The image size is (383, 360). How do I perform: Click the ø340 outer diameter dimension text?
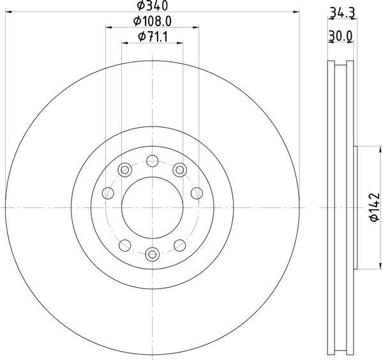152,6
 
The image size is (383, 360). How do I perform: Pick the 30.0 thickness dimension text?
341,37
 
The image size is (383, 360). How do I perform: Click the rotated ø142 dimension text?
374,207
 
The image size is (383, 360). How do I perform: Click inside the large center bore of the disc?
152,207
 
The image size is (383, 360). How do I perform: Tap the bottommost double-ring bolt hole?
152,255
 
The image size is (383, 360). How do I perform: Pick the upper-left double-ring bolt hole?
124,169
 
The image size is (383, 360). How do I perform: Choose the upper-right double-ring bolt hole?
179,169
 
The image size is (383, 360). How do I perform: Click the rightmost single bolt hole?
197,192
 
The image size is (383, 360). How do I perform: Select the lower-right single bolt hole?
179,245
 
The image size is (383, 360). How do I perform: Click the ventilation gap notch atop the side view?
341,63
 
